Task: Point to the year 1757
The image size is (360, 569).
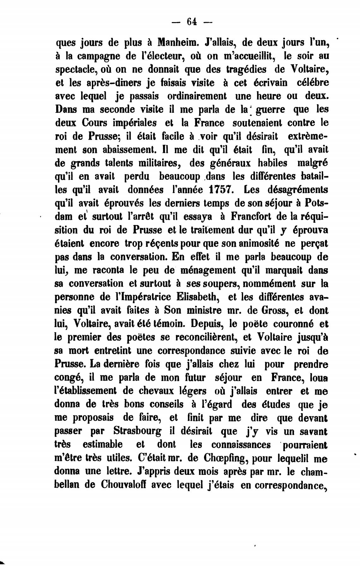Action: coord(221,190)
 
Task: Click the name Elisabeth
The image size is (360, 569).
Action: coord(196,297)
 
